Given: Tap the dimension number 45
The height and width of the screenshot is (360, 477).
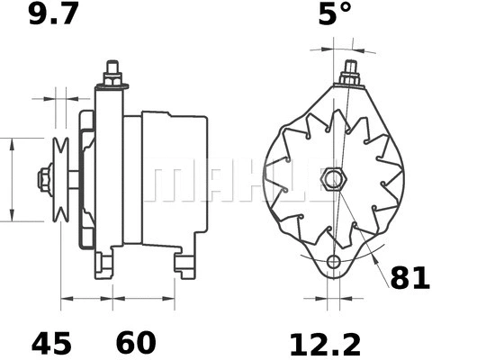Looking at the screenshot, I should click(x=50, y=343).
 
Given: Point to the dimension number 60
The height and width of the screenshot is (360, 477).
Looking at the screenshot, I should click(x=135, y=343).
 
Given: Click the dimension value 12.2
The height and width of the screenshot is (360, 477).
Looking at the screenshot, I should click(x=325, y=343).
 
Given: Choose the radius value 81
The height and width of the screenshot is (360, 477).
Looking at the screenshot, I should click(x=409, y=278).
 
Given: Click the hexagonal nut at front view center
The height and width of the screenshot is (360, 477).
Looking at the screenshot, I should click(x=333, y=179).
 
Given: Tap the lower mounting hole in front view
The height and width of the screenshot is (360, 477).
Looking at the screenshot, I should click(x=334, y=262).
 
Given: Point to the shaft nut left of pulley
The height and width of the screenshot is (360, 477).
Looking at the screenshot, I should click(x=42, y=179).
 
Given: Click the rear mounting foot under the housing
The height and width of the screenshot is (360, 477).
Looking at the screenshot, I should click(x=185, y=265).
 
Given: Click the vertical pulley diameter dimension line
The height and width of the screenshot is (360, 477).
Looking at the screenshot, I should click(x=11, y=179).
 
